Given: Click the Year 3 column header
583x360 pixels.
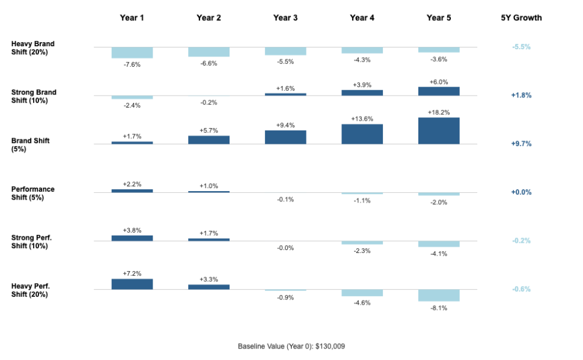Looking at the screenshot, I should pyautogui.click(x=285, y=18).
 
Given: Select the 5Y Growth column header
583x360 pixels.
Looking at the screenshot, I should pyautogui.click(x=521, y=18).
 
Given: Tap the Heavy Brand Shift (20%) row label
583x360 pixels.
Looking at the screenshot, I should pyautogui.click(x=34, y=48).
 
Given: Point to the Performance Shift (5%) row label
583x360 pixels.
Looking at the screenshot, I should pyautogui.click(x=33, y=193).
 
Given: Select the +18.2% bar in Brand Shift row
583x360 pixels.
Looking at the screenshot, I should pyautogui.click(x=439, y=130).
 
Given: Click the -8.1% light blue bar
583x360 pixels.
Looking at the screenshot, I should pyautogui.click(x=439, y=295).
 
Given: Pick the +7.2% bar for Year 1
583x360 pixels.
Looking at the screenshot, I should pyautogui.click(x=132, y=284).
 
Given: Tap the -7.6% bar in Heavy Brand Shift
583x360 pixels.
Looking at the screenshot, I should pyautogui.click(x=132, y=52).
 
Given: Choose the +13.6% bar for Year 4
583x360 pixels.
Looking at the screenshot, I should pyautogui.click(x=362, y=134).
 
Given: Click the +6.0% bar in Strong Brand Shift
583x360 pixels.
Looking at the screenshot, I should pyautogui.click(x=439, y=91).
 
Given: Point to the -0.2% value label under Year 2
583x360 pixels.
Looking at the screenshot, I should pyautogui.click(x=209, y=103).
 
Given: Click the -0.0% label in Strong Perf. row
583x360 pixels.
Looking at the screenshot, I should pyautogui.click(x=285, y=248).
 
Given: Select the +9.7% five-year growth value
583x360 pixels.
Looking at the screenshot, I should pyautogui.click(x=521, y=144).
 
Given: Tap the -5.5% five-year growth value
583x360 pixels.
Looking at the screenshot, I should pyautogui.click(x=521, y=47).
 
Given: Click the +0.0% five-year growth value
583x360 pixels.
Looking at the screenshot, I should pyautogui.click(x=521, y=192).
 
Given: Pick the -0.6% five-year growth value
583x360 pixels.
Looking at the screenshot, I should pyautogui.click(x=521, y=290).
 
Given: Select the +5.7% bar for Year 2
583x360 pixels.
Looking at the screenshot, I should pyautogui.click(x=209, y=139).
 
